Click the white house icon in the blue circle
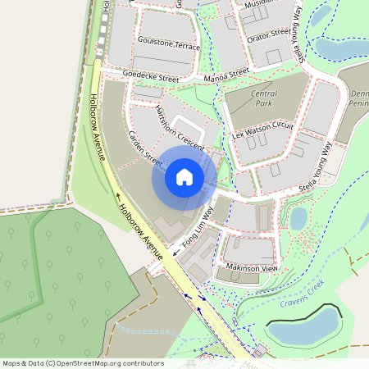tap(184, 176)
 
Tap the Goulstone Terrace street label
tap(169, 43)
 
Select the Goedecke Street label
tap(150, 76)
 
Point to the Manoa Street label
tap(227, 74)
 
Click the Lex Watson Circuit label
tap(262, 129)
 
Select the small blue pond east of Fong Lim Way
tap(298, 218)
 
